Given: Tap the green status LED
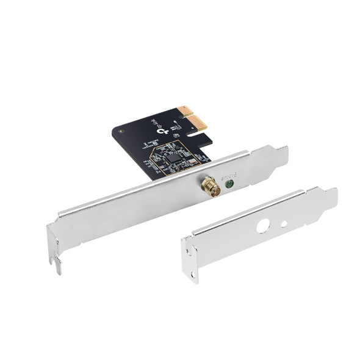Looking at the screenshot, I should click(229, 181).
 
